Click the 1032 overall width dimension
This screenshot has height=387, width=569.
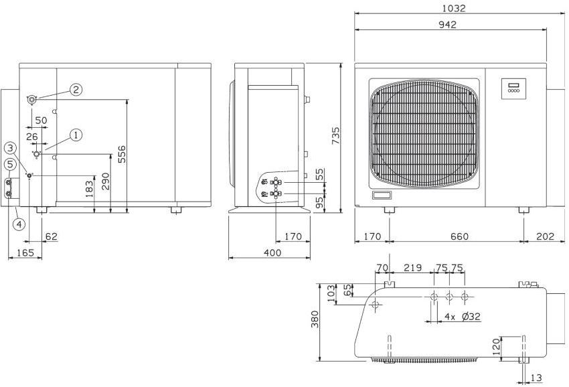454,8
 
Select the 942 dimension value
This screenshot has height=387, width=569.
447,24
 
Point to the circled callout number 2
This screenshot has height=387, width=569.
76,89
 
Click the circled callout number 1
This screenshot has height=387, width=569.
76,135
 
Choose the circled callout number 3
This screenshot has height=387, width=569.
11,148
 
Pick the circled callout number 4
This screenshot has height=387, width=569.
19,224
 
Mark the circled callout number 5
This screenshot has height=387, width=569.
10,164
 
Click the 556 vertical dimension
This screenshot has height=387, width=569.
122,154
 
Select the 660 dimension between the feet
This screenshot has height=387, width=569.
459,236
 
